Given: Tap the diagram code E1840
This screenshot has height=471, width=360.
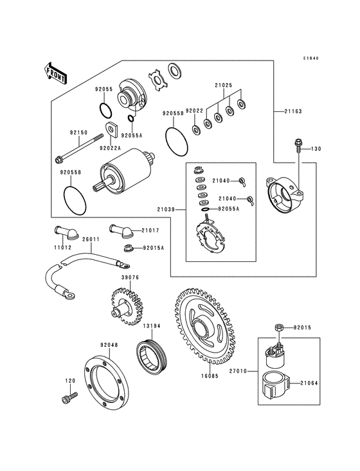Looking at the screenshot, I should [x=311, y=58].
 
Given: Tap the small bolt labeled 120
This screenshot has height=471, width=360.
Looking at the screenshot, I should [x=66, y=400].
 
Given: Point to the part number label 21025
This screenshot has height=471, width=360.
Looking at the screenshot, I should [x=224, y=84].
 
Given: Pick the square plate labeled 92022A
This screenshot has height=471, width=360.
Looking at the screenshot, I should [x=112, y=131].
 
